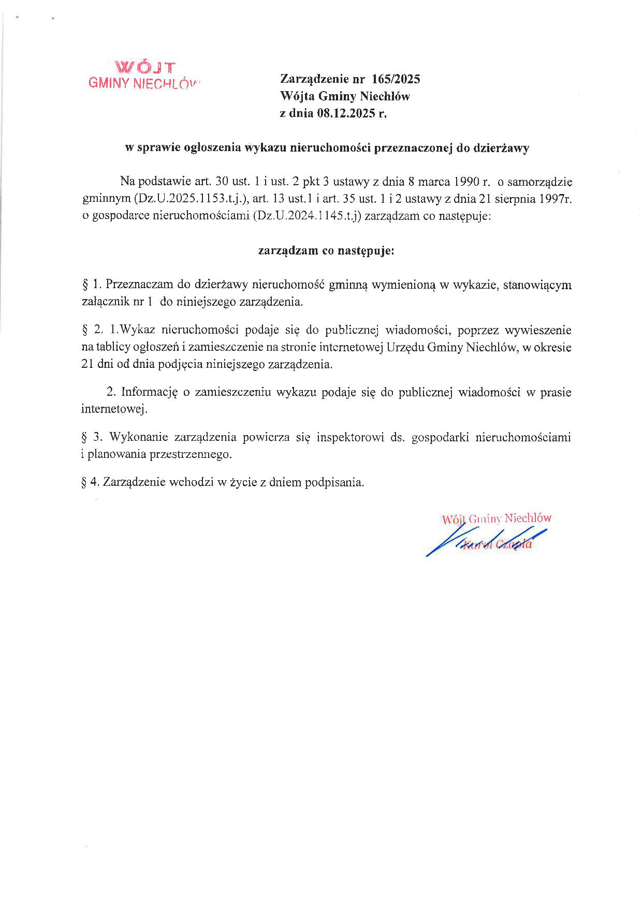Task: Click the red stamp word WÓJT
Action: [145, 67]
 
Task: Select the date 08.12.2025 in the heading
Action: [345, 113]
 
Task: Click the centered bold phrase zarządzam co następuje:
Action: [326, 251]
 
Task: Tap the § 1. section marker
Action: [91, 285]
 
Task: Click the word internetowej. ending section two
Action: [114, 409]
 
